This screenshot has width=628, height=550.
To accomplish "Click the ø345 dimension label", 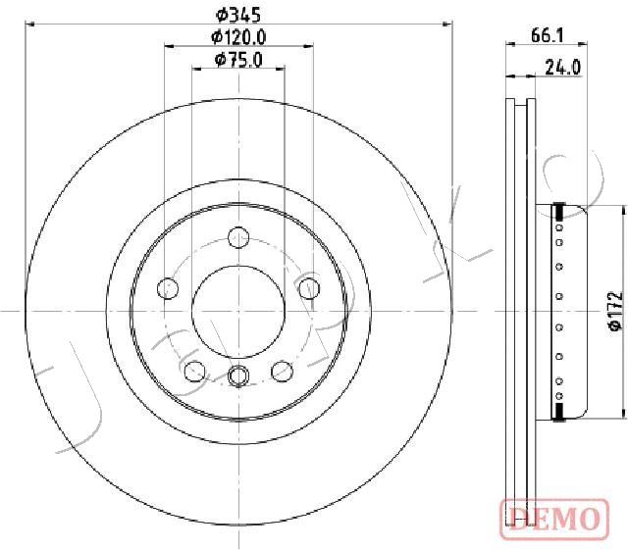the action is click(238, 16).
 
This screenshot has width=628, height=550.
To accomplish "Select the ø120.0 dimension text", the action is click(238, 37).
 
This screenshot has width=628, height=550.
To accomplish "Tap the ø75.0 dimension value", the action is click(238, 60).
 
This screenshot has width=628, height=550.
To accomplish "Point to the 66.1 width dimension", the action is click(548, 36).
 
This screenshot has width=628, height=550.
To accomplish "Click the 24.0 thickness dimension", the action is click(562, 68).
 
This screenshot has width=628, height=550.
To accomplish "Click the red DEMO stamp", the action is click(554, 519).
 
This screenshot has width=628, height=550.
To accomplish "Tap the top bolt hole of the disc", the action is click(238, 237).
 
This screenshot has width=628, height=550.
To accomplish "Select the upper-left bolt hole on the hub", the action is click(168, 288).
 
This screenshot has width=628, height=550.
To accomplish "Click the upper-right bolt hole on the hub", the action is click(310, 288).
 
